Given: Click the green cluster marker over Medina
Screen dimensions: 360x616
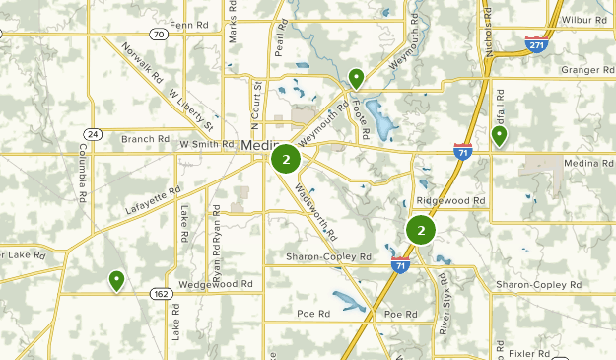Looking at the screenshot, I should coord(286,159).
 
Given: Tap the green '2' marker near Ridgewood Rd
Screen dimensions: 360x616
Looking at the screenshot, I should coord(421,231).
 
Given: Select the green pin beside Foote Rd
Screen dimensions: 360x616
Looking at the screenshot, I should coord(356,78).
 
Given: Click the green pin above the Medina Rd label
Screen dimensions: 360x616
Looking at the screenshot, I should coord(500,136).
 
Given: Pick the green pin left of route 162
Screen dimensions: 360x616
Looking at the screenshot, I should coord(116,281).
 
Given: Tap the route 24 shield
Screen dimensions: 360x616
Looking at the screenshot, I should coord(93,133).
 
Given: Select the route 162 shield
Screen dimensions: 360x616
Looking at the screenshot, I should coord(161,293).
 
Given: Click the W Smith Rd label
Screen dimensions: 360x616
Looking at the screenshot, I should coord(207,145).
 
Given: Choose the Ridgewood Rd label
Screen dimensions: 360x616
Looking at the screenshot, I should coord(451,200).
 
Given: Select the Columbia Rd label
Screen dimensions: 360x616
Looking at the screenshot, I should coord(80,171).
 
